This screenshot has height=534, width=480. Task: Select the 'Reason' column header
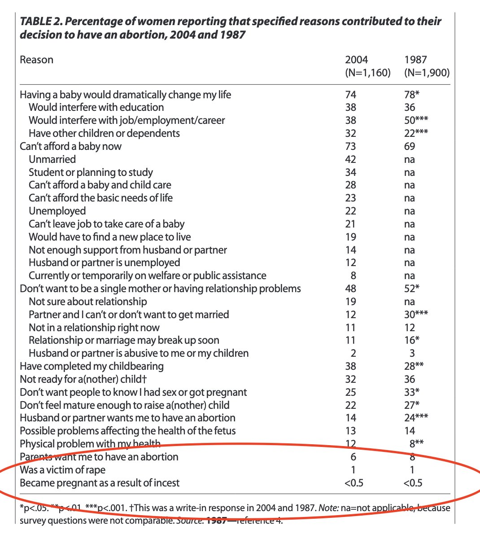36,60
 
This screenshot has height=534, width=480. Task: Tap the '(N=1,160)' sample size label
367,73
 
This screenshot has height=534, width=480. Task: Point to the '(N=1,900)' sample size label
427,73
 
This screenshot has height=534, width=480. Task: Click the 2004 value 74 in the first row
350,95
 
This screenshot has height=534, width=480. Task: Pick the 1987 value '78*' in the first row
412,95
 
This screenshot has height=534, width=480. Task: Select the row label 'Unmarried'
52,159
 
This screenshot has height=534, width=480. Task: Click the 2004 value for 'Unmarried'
350,159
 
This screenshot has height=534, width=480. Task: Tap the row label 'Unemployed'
57,211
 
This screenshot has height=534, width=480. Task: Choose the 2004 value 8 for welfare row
353,276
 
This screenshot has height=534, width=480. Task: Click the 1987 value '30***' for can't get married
416,315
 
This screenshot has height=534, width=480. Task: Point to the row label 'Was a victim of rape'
62,470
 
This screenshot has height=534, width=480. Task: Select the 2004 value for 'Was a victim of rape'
353,470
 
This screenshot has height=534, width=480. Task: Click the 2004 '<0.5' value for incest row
354,483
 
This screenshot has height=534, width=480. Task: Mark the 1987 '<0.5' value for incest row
413,483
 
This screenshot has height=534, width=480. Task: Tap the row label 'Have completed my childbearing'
92,366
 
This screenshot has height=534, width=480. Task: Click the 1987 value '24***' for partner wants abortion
416,418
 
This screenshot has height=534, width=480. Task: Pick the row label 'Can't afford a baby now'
70,146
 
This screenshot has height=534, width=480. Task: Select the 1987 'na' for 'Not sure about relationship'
409,302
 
